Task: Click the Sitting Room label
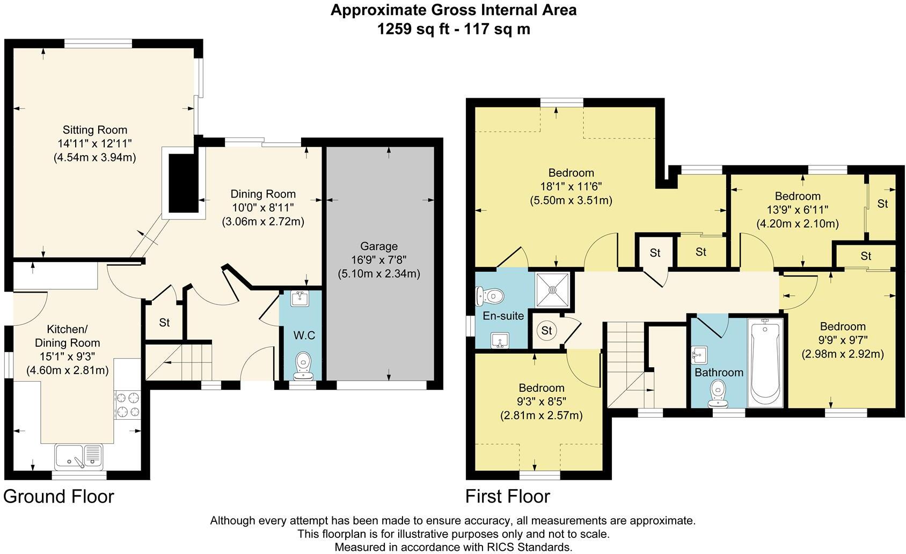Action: (95, 130)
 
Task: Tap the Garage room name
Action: (379, 246)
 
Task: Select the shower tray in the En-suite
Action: (552, 289)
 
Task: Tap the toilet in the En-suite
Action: (490, 296)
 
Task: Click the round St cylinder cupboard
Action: (546, 331)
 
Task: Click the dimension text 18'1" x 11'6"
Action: (571, 187)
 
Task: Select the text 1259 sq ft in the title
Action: (412, 28)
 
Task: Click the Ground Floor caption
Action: (59, 496)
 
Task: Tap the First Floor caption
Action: (507, 496)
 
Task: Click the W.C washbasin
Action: (298, 298)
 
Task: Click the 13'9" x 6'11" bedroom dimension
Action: (798, 210)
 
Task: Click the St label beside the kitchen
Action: (164, 323)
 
